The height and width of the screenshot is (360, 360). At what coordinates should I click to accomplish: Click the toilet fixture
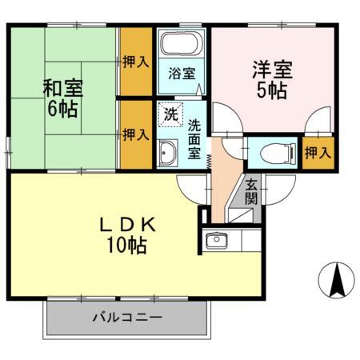click(268, 150)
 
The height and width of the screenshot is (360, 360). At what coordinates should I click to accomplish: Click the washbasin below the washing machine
click(169, 150)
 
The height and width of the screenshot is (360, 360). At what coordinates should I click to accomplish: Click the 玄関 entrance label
click(251, 191)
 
